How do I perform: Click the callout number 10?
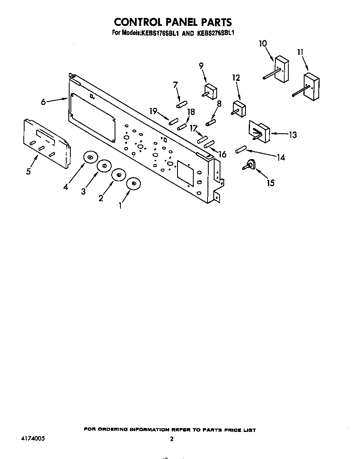(263, 44)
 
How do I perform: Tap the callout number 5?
(28, 171)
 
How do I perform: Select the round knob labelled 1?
(134, 184)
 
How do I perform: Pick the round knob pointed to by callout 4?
(90, 158)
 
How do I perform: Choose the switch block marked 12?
(239, 109)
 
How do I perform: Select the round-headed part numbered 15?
(249, 165)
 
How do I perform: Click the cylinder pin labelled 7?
(181, 104)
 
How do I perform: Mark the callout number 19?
(153, 111)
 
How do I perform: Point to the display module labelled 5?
(47, 143)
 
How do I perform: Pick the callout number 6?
(43, 102)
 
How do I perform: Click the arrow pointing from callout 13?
(279, 134)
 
